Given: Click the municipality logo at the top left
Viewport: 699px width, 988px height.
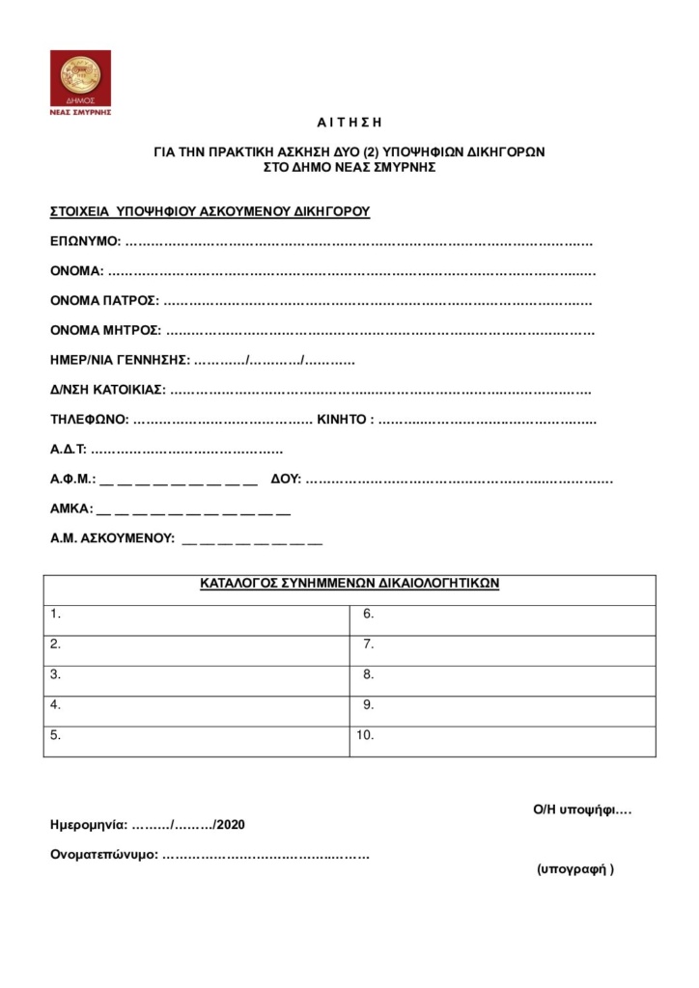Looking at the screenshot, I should pyautogui.click(x=80, y=83).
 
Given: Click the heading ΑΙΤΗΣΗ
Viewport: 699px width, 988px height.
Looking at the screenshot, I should pyautogui.click(x=349, y=123).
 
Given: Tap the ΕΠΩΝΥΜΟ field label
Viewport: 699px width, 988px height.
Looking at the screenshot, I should pyautogui.click(x=85, y=240).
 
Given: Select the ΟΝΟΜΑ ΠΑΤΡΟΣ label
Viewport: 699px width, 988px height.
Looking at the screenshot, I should pyautogui.click(x=104, y=301).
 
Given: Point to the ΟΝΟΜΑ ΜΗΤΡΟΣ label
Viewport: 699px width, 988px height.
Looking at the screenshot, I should pyautogui.click(x=105, y=331).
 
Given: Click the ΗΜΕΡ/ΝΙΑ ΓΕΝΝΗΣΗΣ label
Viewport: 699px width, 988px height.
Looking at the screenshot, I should pyautogui.click(x=120, y=361).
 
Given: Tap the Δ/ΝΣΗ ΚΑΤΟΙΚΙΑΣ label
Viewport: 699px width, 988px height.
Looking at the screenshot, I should pyautogui.click(x=107, y=391).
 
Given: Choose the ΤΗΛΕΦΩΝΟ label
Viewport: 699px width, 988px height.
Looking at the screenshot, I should pyautogui.click(x=89, y=421).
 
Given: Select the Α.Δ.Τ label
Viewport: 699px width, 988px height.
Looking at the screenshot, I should pyautogui.click(x=69, y=450).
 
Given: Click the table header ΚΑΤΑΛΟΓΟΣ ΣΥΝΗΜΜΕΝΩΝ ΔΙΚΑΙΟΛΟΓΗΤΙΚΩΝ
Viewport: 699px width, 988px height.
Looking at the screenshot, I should pyautogui.click(x=349, y=584).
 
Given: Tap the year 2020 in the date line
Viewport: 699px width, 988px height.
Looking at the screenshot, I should pyautogui.click(x=231, y=825).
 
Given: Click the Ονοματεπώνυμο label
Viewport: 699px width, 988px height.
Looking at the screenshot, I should pyautogui.click(x=104, y=855).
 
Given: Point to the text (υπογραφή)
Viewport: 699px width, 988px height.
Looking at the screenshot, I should pyautogui.click(x=574, y=868).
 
